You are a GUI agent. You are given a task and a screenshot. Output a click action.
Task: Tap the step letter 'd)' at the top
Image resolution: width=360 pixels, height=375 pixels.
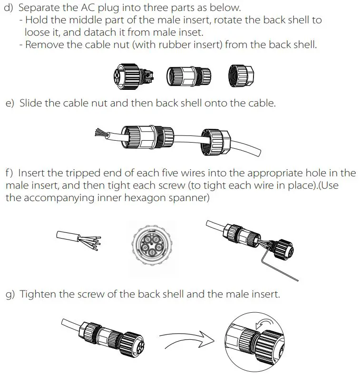click(9, 9)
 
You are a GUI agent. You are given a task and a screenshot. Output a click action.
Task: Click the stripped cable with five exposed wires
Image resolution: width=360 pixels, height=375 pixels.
click(78, 238)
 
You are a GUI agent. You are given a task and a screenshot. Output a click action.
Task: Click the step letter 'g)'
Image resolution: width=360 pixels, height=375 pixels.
click(10, 294)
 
